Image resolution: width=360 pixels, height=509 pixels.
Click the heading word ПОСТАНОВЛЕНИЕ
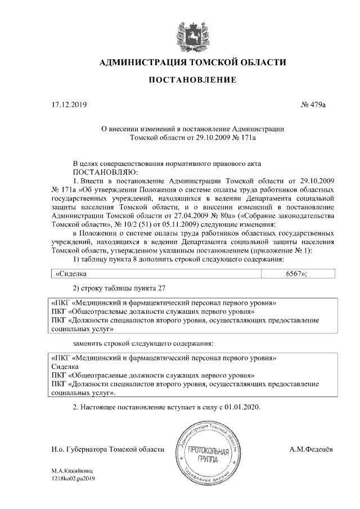pos(192,81)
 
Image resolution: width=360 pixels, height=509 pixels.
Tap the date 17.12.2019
pos(66,105)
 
